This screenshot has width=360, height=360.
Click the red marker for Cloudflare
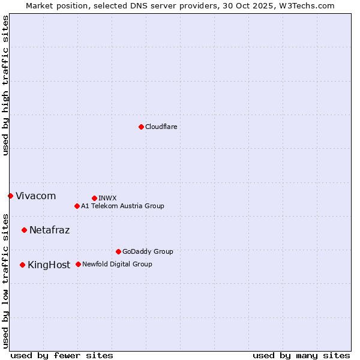pyautogui.click(x=141, y=127)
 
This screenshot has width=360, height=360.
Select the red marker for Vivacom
pyautogui.click(x=10, y=196)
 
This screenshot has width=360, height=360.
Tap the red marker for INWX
pyautogui.click(x=94, y=198)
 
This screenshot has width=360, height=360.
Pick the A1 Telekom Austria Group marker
pyautogui.click(x=77, y=206)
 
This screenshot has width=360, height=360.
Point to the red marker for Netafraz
pyautogui.click(x=24, y=230)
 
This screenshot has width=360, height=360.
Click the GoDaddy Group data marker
pyautogui.click(x=118, y=251)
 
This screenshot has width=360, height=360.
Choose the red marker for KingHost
pyautogui.click(x=22, y=265)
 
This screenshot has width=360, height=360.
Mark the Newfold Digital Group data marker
pyautogui.click(x=78, y=264)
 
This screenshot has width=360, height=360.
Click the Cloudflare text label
pyautogui.click(x=161, y=127)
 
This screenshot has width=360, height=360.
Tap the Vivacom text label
pyautogui.click(x=35, y=196)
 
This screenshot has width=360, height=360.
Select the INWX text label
pyautogui.click(x=107, y=198)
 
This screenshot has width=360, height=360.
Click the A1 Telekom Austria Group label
pyautogui.click(x=122, y=206)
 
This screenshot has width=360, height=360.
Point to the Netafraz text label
pyautogui.click(x=49, y=230)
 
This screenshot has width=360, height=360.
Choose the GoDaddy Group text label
pyautogui.click(x=148, y=251)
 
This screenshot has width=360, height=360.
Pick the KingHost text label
pyautogui.click(x=49, y=265)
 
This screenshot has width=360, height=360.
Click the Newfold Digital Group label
pyautogui.click(x=117, y=264)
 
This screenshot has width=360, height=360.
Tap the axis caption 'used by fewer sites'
pyautogui.click(x=62, y=355)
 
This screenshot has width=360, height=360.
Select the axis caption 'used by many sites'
pyautogui.click(x=301, y=355)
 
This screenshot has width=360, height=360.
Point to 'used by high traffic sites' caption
pyautogui.click(x=5, y=85)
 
